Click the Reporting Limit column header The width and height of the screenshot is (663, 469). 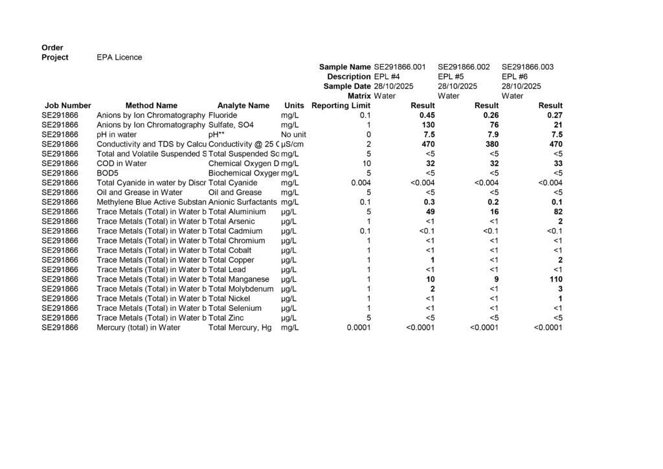(x=341, y=106)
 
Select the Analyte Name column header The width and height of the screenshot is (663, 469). (x=243, y=106)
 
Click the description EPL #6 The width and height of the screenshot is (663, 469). (x=515, y=76)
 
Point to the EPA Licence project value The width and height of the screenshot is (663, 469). (x=119, y=57)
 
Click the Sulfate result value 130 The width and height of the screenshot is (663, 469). (x=428, y=124)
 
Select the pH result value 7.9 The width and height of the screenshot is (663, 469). (x=491, y=134)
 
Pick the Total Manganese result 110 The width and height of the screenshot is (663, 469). (x=556, y=279)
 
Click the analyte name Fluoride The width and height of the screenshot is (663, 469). (x=223, y=115)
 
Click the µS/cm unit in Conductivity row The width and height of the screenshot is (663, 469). (x=293, y=144)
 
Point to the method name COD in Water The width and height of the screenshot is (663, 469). (x=122, y=163)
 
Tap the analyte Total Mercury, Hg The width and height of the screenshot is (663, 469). (x=240, y=328)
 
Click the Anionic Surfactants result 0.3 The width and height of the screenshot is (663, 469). (x=429, y=202)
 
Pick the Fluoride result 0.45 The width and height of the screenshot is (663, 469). (x=427, y=115)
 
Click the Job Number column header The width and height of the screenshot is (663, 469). (x=68, y=106)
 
